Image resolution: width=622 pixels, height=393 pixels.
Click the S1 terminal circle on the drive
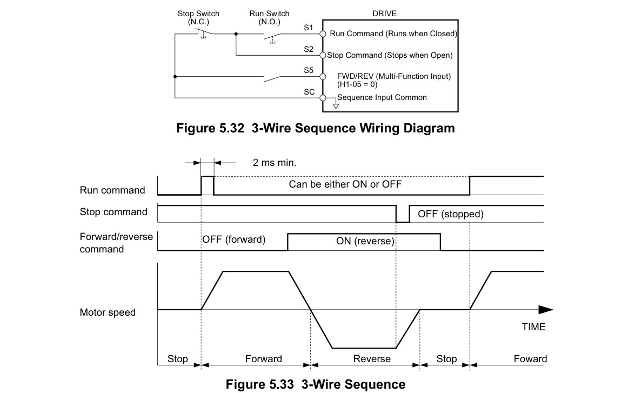click(x=323, y=34)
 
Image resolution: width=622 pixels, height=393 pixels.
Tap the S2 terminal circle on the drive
click(x=323, y=55)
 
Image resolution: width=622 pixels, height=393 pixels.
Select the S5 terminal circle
click(x=323, y=77)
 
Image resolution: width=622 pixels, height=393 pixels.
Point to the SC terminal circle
click(x=323, y=98)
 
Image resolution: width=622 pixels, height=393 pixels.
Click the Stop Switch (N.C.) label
click(x=198, y=17)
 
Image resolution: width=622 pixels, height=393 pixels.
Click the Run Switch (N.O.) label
click(x=269, y=17)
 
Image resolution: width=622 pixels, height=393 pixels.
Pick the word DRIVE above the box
click(x=384, y=14)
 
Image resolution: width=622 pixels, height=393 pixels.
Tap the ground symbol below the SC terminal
click(x=336, y=106)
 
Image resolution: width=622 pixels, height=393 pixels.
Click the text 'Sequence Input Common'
click(x=382, y=98)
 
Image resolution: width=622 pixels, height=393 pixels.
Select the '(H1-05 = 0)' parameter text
click(x=357, y=84)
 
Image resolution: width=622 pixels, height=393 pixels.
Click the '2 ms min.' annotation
click(x=275, y=163)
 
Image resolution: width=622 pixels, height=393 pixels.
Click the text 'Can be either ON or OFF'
click(x=345, y=184)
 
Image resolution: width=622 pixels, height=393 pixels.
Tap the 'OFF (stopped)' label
click(x=451, y=214)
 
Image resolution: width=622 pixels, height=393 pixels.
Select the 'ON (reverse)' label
click(x=365, y=241)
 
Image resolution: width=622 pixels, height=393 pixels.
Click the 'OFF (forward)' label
click(x=233, y=239)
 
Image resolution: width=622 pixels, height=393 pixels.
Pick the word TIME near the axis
click(x=533, y=327)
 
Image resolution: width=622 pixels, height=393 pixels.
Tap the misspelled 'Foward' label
click(x=530, y=359)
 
